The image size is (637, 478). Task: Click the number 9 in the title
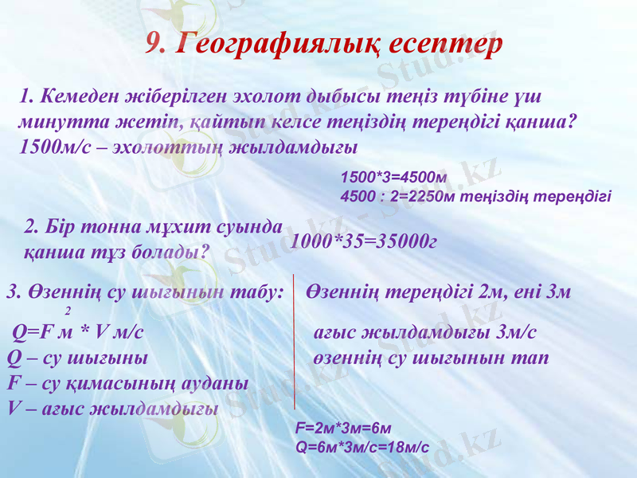155,45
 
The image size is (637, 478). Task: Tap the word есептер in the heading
446,45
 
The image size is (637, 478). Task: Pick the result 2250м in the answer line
429,196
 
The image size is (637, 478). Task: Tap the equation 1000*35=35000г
365,241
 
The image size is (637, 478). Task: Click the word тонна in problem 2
94,226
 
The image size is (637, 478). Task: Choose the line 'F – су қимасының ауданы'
127,383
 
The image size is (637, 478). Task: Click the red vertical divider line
295,343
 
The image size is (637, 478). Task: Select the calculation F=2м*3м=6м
343,428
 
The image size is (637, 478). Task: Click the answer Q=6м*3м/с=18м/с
362,447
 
